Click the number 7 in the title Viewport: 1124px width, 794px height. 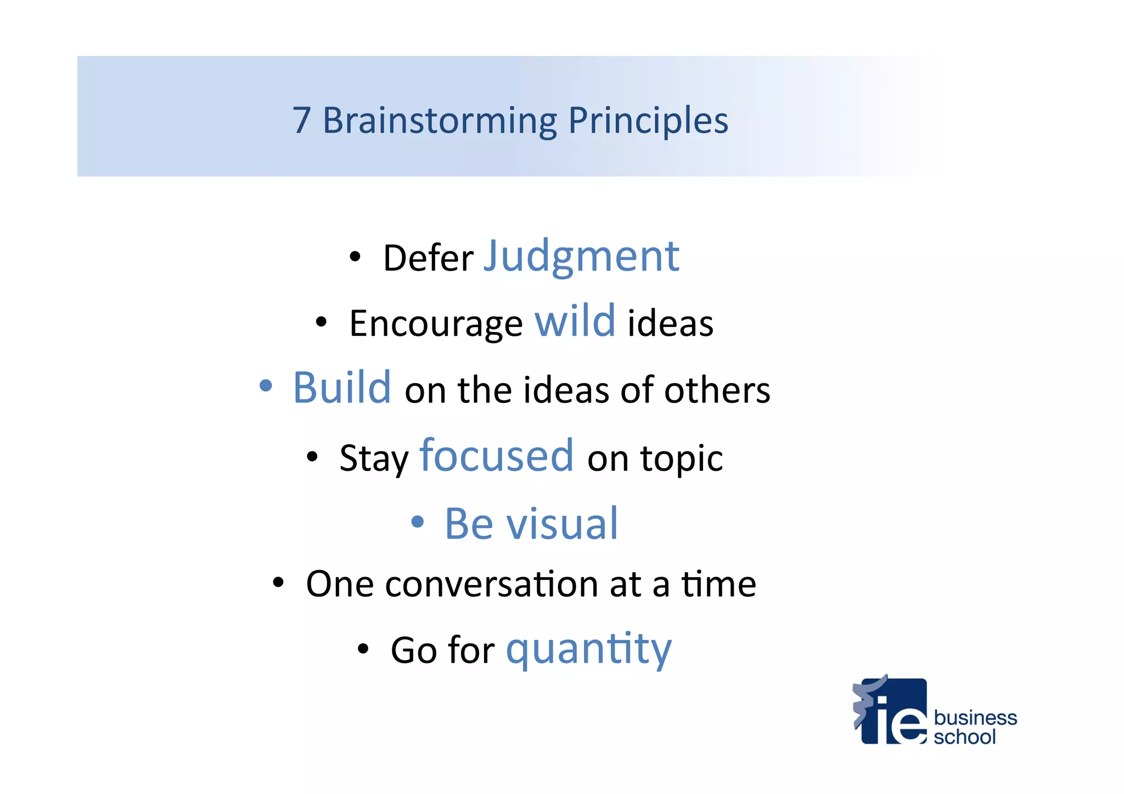(x=302, y=120)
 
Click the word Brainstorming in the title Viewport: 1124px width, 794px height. (x=440, y=121)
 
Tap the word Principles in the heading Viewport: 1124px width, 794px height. (x=648, y=121)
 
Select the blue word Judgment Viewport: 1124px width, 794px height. (x=581, y=257)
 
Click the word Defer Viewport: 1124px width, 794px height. (x=428, y=258)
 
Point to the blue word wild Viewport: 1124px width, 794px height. (x=575, y=322)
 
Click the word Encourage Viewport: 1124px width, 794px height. (x=436, y=324)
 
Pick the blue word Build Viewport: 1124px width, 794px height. (x=342, y=388)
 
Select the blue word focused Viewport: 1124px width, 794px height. (x=497, y=455)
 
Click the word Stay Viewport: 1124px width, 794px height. (x=374, y=459)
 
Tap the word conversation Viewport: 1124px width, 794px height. (x=491, y=584)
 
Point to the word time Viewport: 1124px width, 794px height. (x=718, y=584)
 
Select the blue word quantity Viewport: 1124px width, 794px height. (x=588, y=650)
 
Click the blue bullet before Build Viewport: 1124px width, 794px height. (x=266, y=386)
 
